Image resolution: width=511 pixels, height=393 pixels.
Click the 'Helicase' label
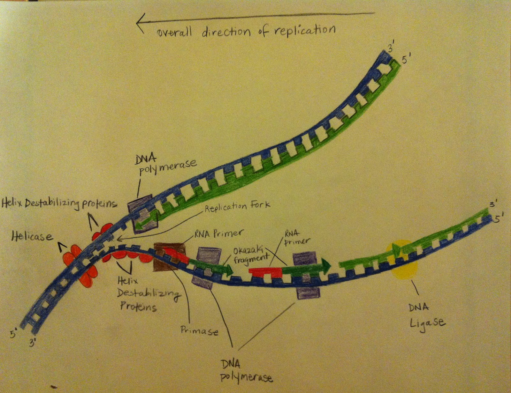32,236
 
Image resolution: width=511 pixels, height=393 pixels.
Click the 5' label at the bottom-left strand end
13,334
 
